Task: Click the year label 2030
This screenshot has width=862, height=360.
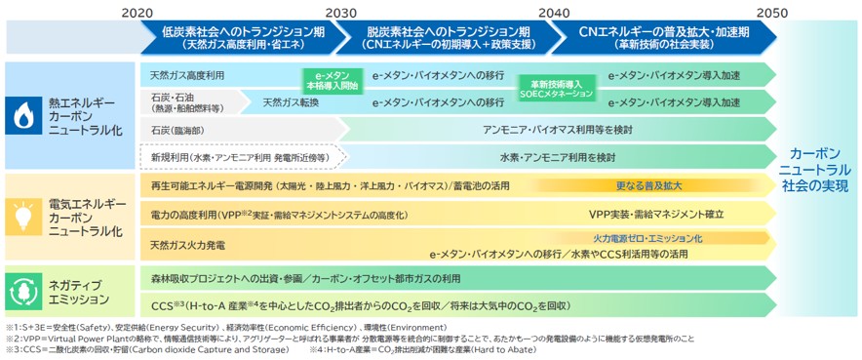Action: [x=341, y=12]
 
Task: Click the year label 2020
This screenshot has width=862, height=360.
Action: [x=137, y=12]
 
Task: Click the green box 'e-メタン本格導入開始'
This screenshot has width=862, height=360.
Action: [x=331, y=80]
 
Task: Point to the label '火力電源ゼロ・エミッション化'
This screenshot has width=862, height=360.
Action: [x=647, y=237]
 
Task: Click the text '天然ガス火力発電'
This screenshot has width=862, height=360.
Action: [x=187, y=244]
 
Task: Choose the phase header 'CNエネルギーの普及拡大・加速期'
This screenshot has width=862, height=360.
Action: [x=663, y=37]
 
